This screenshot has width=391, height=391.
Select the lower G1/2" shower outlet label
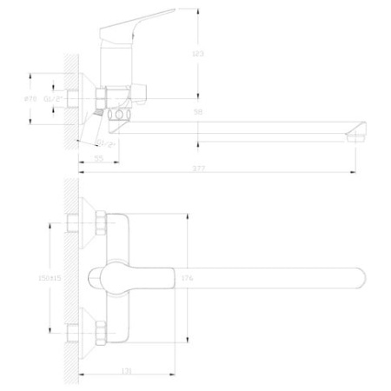point(106,141)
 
